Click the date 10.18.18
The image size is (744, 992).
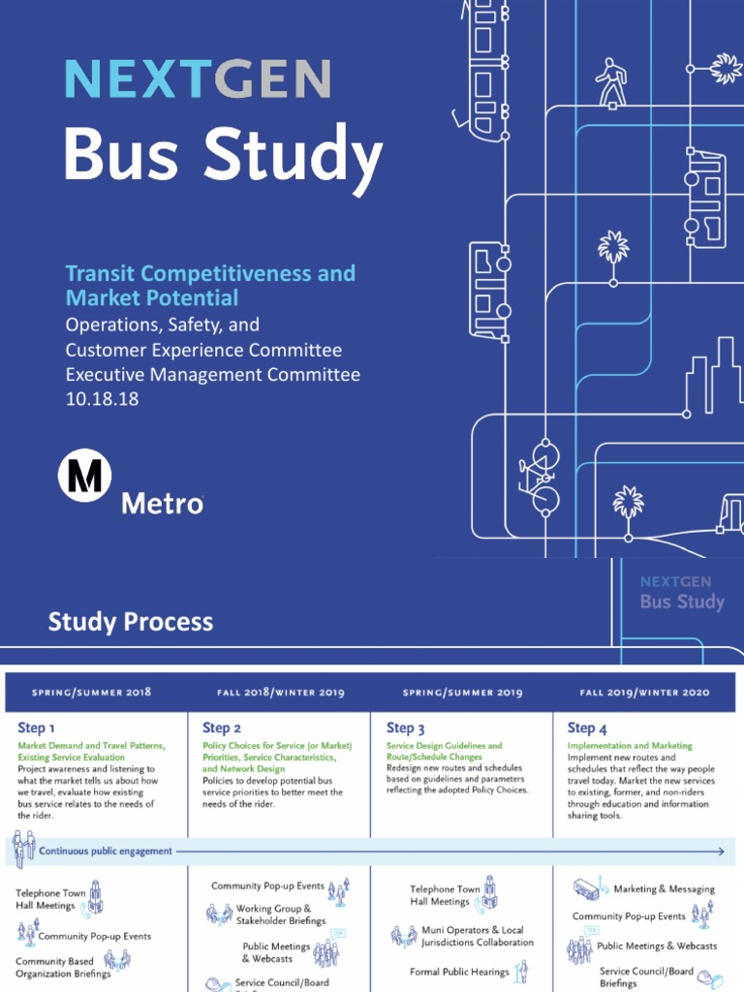pyautogui.click(x=102, y=398)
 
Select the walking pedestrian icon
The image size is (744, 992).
pyautogui.click(x=610, y=83)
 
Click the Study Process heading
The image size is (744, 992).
pyautogui.click(x=131, y=621)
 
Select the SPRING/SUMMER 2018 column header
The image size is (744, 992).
pyautogui.click(x=92, y=693)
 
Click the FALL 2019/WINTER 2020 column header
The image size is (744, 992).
pyautogui.click(x=644, y=693)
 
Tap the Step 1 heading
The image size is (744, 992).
pyautogui.click(x=36, y=728)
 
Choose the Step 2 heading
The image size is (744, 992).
pyautogui.click(x=221, y=728)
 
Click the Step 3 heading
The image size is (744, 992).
pyautogui.click(x=406, y=728)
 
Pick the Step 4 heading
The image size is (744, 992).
pyautogui.click(x=587, y=728)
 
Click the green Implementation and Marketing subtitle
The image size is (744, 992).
pyautogui.click(x=630, y=746)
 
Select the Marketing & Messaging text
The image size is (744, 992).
pyautogui.click(x=664, y=889)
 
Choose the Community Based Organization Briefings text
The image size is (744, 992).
pyautogui.click(x=63, y=968)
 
